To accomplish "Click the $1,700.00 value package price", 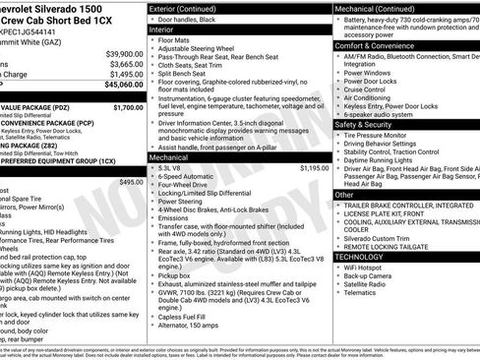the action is pos(127,107).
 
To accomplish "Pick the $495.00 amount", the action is pos(130,182).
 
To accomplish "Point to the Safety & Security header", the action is pos(370,125).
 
